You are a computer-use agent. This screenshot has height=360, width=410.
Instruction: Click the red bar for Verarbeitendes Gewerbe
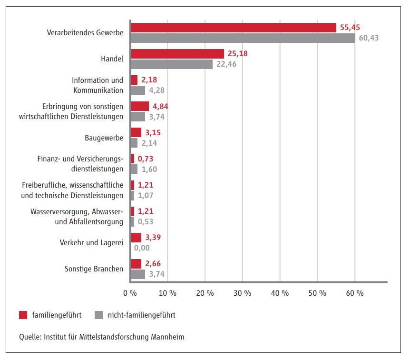point(233,28)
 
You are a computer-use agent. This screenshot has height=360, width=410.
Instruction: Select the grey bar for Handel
point(171,64)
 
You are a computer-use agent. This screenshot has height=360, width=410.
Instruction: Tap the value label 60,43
point(368,38)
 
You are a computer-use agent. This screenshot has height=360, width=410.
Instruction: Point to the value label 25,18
point(238,54)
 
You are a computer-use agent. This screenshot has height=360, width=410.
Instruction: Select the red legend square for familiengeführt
point(23,315)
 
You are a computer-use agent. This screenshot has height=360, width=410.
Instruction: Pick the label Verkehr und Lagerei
point(91,242)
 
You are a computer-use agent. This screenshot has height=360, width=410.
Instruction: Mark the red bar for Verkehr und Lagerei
point(136,238)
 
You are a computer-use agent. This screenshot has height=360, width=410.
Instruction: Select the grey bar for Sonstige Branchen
point(137,274)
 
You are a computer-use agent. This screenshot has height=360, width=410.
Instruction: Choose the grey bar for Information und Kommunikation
point(137,90)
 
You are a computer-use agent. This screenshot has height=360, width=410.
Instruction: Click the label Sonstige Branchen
point(94,269)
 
